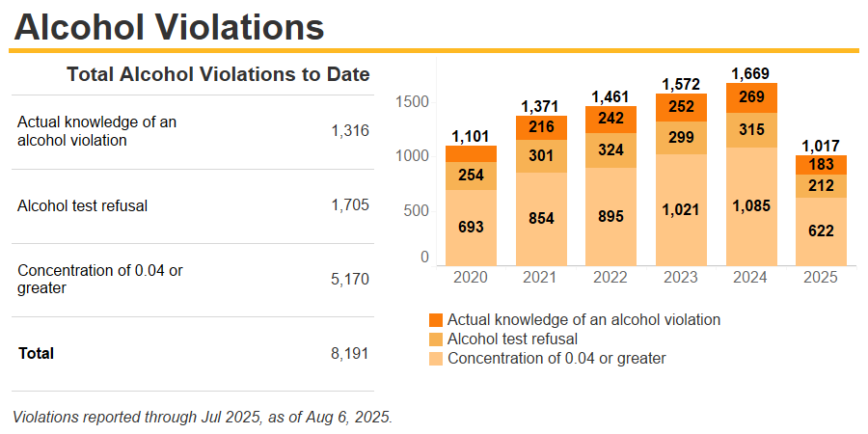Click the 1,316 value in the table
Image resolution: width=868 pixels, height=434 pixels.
tap(350, 131)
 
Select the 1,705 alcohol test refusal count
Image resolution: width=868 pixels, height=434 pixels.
tap(350, 204)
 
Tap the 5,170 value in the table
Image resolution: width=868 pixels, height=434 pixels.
tap(350, 279)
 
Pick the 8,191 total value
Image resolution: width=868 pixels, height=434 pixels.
tap(350, 353)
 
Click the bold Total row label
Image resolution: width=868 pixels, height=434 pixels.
tap(37, 353)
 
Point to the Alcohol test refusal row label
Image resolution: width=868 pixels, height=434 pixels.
tap(82, 204)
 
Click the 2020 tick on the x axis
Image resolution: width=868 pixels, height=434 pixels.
tap(471, 277)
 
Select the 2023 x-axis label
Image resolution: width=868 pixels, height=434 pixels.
tap(681, 277)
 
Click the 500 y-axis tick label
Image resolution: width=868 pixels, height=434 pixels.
tap(417, 210)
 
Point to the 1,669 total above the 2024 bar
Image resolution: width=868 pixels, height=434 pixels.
tap(750, 73)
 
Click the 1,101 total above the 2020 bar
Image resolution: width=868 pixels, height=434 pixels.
tap(471, 136)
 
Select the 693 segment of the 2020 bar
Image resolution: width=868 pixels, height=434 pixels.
tap(471, 228)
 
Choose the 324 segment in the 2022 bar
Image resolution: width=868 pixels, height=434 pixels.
tap(610, 150)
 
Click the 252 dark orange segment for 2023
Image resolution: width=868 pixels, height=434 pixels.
tap(681, 107)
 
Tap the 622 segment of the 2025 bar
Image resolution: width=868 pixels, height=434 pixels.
tap(821, 231)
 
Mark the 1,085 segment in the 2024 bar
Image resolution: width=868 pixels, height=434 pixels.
tap(750, 205)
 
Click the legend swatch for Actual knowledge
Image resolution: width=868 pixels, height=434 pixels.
tap(436, 319)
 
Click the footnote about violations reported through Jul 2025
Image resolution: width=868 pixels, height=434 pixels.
tap(203, 417)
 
